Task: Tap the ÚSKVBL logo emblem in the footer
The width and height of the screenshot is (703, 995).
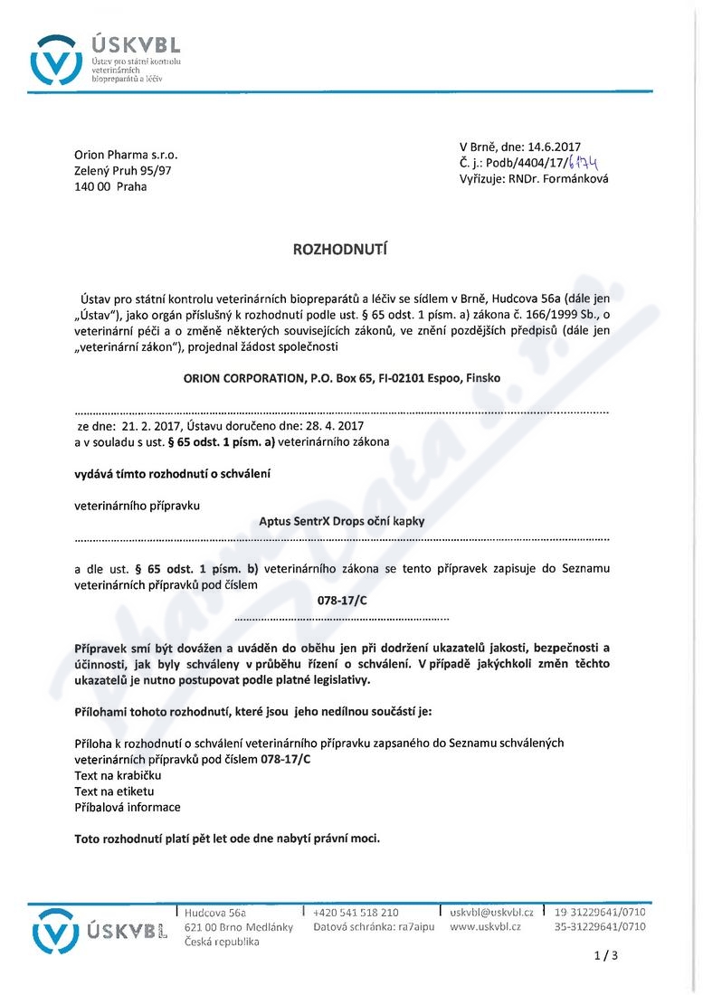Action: pyautogui.click(x=56, y=930)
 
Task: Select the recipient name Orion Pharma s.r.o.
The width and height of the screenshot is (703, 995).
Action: pyautogui.click(x=126, y=154)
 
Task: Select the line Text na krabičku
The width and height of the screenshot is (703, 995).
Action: pyautogui.click(x=118, y=775)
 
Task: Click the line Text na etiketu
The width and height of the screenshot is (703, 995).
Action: pyautogui.click(x=114, y=791)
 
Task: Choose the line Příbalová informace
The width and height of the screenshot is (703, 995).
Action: pyautogui.click(x=128, y=808)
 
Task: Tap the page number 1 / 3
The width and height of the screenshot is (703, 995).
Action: pyautogui.click(x=605, y=955)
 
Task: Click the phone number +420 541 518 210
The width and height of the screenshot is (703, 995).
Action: pyautogui.click(x=356, y=913)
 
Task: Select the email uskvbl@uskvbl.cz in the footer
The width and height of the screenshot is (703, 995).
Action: pyautogui.click(x=491, y=913)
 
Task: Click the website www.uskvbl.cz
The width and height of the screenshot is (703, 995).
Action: pyautogui.click(x=485, y=926)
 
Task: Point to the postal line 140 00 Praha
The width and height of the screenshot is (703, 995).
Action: pyautogui.click(x=110, y=186)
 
